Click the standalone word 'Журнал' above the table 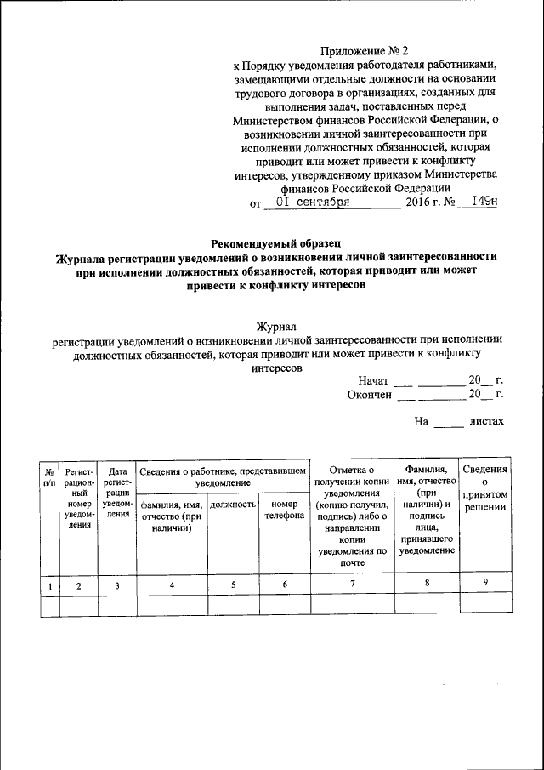277,325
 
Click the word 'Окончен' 369,395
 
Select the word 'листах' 486,421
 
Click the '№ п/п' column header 50,476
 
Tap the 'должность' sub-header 233,505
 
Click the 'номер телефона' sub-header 284,510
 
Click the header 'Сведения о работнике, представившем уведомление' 222,476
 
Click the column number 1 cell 50,585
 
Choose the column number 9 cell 484,584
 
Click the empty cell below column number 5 233,603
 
